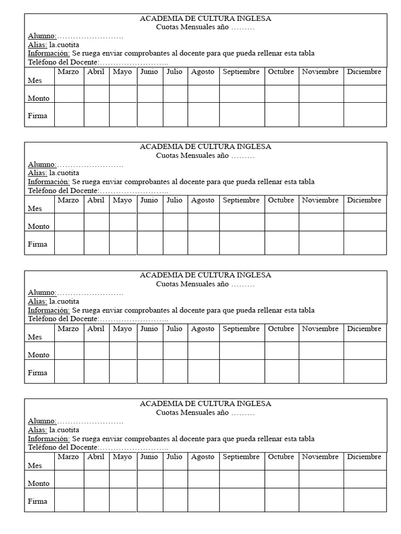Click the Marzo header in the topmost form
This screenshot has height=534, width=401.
68,72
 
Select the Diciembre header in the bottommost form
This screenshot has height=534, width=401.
364,457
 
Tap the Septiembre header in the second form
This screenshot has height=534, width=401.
241,200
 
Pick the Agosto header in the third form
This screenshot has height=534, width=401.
203,329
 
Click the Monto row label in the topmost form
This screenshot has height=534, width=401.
39,98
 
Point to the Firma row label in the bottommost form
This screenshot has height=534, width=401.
38,501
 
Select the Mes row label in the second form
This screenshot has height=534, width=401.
34,209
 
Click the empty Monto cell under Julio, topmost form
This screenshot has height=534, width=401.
175,94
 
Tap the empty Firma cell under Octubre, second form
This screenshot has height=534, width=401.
281,243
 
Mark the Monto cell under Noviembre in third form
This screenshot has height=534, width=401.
321,350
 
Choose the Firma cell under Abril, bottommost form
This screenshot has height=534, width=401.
96,500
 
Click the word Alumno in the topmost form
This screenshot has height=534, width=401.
42,36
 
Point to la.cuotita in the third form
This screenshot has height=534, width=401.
64,301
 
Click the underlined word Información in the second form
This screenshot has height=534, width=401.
49,181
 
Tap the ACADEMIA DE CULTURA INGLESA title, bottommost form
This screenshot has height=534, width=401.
205,404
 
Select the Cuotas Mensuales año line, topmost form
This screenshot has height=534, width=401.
205,27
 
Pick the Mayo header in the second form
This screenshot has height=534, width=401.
122,200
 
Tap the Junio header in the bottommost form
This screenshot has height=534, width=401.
149,457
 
